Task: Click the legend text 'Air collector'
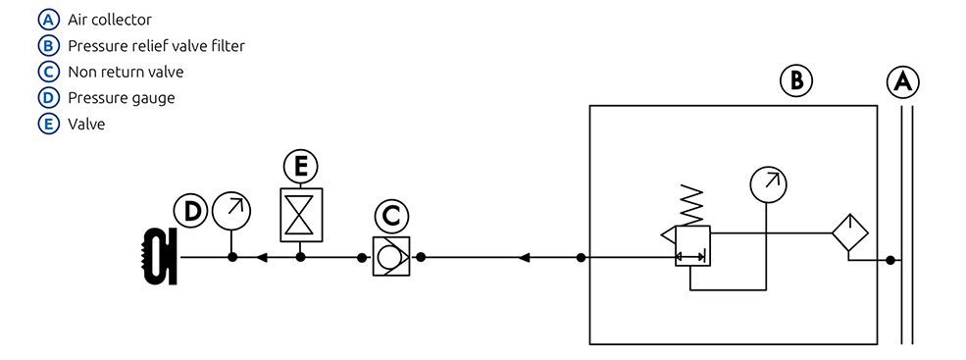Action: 109,20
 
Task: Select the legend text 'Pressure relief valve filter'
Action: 156,45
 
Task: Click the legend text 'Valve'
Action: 86,125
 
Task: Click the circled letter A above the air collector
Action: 903,82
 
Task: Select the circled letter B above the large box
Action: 796,80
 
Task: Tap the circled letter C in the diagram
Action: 390,216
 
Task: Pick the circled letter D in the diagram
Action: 191,210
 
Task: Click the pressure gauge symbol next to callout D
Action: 232,209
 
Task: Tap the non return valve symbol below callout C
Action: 390,257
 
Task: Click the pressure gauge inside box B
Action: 768,183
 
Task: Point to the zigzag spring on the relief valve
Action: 692,207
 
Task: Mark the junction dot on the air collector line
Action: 890,260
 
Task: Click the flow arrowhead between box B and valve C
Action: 524,258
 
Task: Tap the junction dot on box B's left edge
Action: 582,258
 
